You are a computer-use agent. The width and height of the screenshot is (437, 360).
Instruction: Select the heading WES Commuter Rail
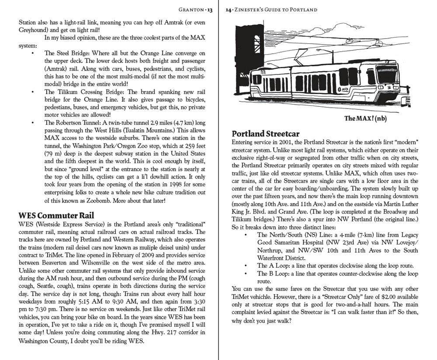[x=56, y=216]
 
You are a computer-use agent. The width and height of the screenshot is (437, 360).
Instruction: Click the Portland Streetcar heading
[x=265, y=133]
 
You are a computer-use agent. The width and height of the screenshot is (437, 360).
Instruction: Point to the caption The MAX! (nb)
[x=365, y=118]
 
